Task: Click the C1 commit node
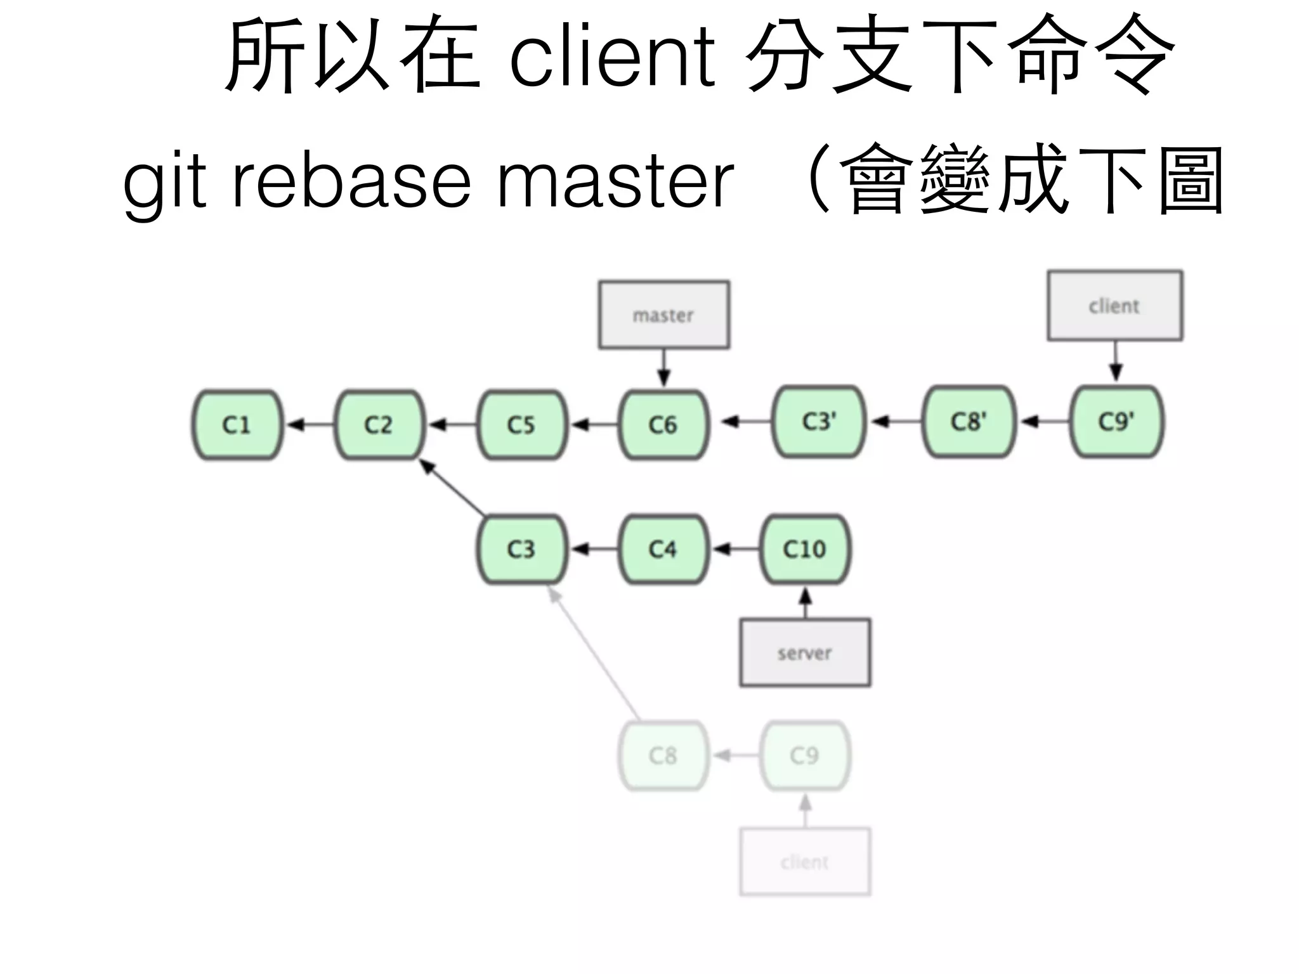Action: tap(237, 424)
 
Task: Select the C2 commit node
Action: tap(379, 424)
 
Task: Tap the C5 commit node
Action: tap(521, 424)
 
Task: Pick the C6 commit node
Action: tap(663, 424)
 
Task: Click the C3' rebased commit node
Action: tap(819, 421)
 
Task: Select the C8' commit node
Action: tap(969, 421)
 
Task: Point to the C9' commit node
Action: tap(1116, 421)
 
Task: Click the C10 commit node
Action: tap(804, 549)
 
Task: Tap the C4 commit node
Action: tap(663, 549)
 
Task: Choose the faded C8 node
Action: tap(663, 755)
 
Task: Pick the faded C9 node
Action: tap(804, 755)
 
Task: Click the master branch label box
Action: tap(663, 315)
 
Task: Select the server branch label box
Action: tap(804, 653)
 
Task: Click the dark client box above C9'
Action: tap(1114, 306)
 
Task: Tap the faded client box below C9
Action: tap(804, 861)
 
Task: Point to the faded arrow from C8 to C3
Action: tap(594, 654)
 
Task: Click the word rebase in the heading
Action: tap(351, 182)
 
